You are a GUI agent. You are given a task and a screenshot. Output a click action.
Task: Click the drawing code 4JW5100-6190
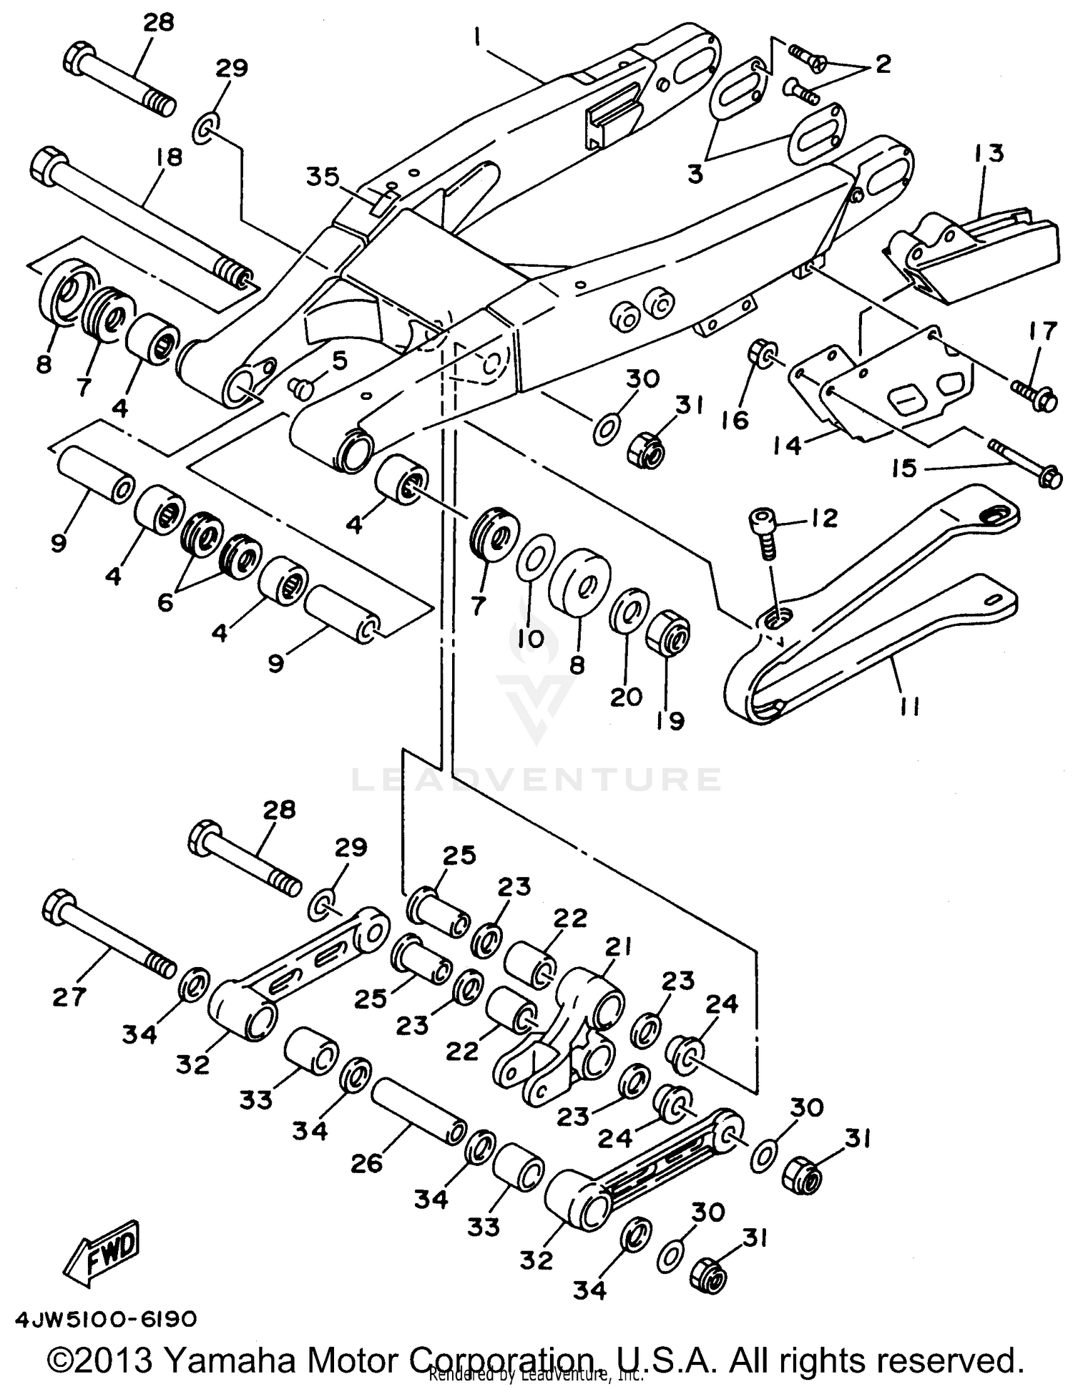pos(104,1318)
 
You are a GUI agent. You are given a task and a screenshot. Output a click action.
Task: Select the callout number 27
pos(69,996)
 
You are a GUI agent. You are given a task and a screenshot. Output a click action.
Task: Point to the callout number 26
pos(366,1165)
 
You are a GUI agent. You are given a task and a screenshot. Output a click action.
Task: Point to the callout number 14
pos(787,444)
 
